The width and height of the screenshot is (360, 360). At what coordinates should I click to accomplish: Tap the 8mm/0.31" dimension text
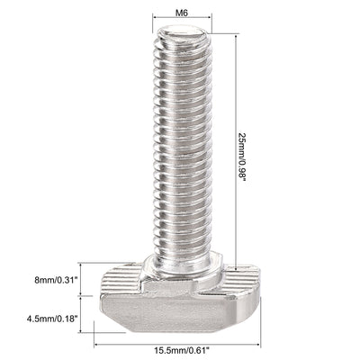[44, 281]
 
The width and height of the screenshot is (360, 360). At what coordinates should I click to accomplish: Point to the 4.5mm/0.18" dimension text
[46, 317]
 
